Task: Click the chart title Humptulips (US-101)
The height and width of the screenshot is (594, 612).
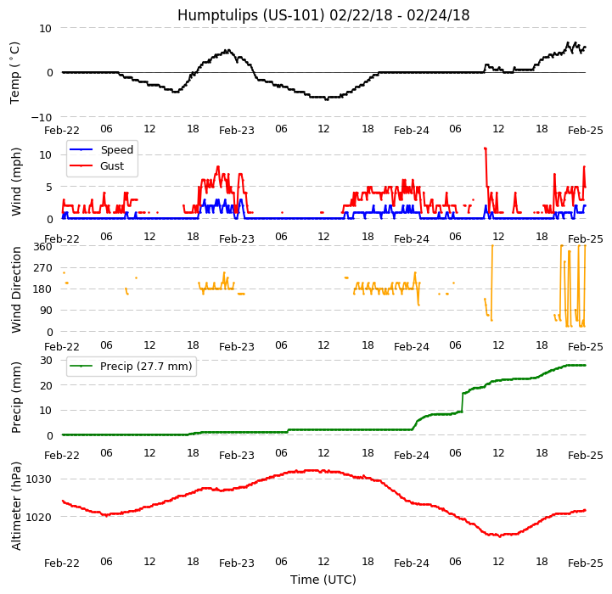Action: click(323, 15)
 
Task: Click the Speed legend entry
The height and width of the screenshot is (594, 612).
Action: click(116, 150)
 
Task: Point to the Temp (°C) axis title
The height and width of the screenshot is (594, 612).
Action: click(15, 72)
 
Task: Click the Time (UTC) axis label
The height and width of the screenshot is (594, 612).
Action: click(323, 580)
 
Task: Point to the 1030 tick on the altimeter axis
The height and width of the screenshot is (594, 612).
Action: click(38, 479)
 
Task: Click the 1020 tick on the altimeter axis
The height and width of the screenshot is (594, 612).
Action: click(38, 516)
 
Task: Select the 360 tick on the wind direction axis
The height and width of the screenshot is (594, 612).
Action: click(42, 246)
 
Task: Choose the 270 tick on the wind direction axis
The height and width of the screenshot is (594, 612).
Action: click(42, 267)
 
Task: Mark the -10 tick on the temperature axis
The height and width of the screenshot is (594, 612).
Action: click(42, 117)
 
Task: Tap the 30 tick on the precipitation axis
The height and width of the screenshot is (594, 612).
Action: click(46, 360)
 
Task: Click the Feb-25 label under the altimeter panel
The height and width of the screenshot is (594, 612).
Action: click(586, 563)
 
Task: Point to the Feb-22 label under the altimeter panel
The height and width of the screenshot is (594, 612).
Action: click(62, 563)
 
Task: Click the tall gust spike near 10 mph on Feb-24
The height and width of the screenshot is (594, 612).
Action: click(485, 149)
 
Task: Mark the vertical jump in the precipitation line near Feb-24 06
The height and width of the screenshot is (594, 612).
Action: click(463, 402)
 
